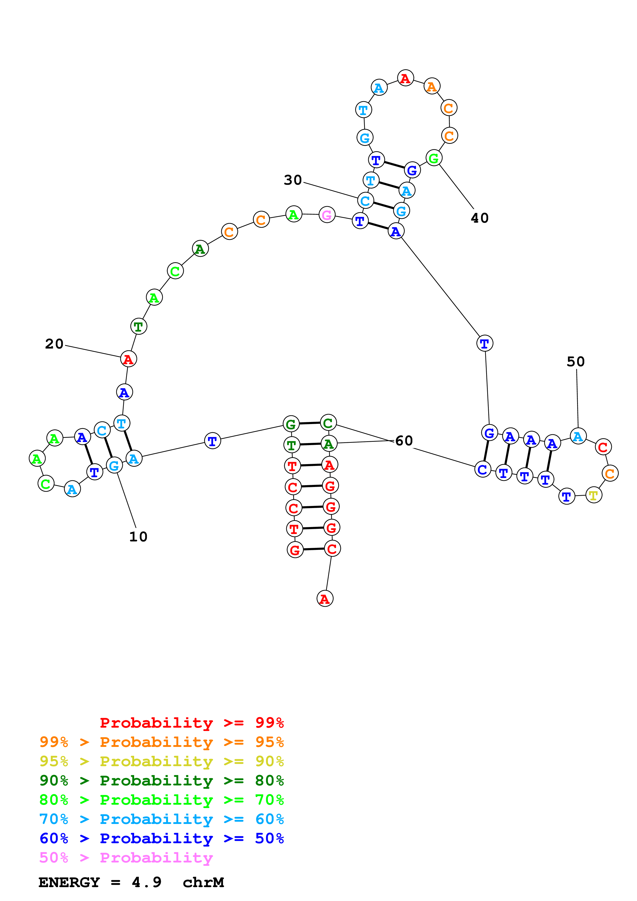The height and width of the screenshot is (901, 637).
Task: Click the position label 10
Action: click(138, 537)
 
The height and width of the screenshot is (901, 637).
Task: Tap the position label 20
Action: click(54, 344)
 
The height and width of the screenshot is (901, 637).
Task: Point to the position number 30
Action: click(293, 180)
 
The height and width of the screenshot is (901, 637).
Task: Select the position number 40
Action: click(480, 218)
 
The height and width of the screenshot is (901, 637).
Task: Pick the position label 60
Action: click(404, 441)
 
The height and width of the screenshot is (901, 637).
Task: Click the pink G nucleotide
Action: click(327, 215)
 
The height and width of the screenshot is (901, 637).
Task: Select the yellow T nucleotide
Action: click(593, 495)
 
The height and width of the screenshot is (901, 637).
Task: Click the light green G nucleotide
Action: click(434, 158)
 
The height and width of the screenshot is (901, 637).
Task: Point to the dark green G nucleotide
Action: click(291, 424)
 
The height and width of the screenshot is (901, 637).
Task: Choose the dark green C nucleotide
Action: click(328, 423)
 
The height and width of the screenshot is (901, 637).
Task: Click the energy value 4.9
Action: click(146, 882)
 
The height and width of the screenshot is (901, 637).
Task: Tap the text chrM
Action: click(203, 882)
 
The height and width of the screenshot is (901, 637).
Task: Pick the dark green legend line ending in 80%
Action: click(161, 781)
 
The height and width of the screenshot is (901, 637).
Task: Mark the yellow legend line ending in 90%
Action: click(161, 761)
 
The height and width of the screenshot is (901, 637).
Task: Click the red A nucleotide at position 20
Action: click(128, 359)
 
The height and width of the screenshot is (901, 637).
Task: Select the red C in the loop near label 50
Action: click(603, 447)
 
